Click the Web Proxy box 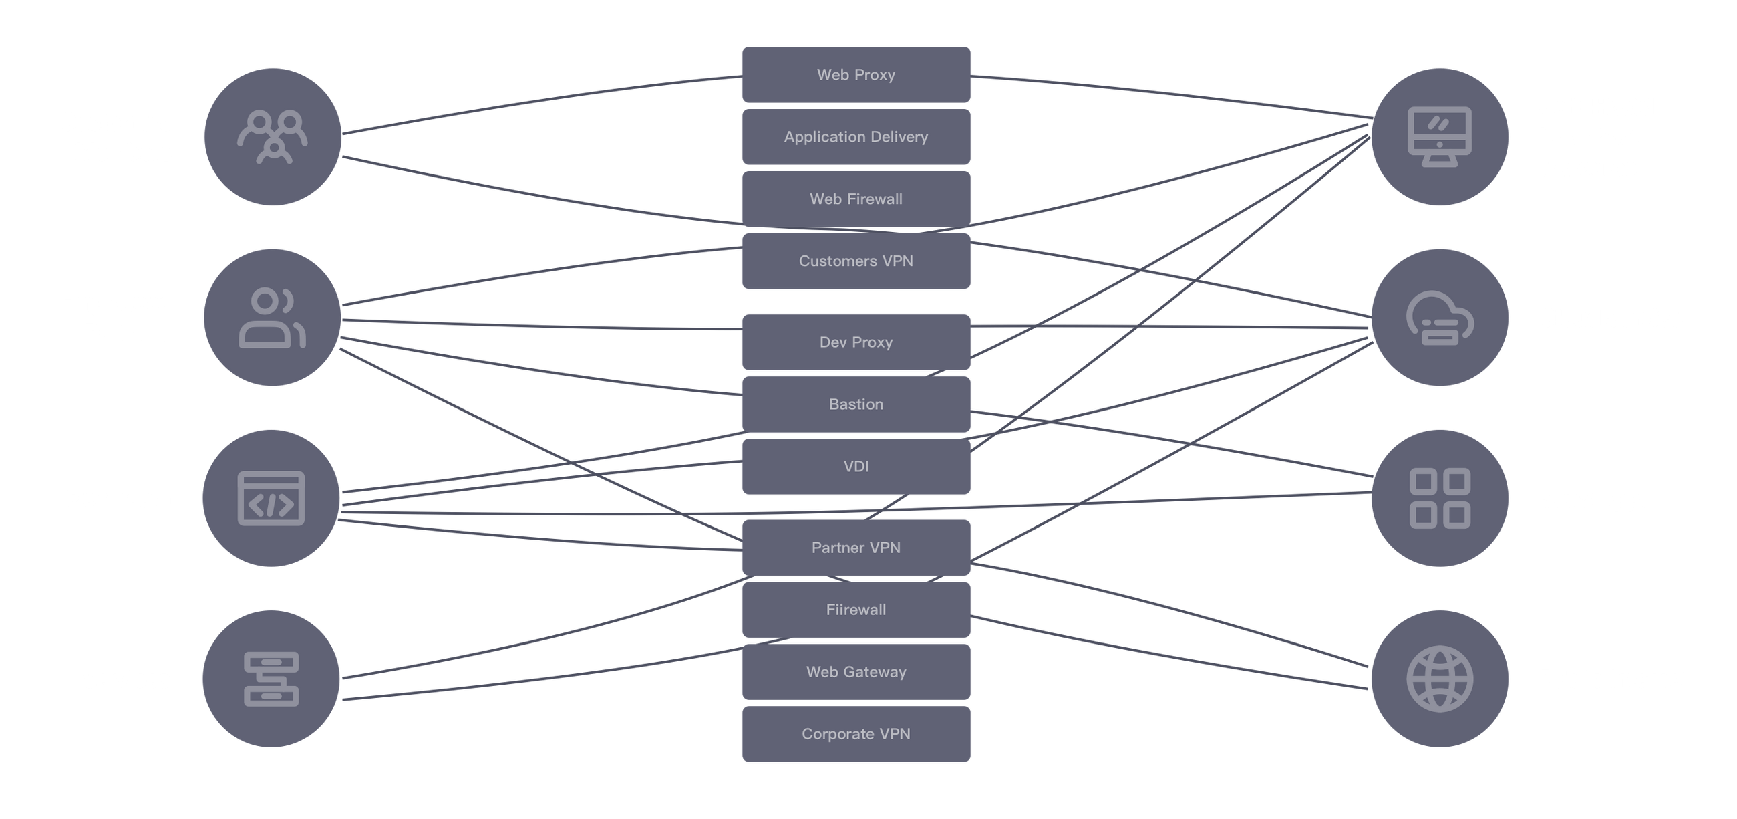point(856,75)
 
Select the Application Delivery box point(856,137)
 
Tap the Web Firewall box point(856,199)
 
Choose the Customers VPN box point(856,261)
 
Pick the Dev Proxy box point(856,342)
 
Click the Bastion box point(856,404)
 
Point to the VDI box point(856,466)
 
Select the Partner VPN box point(856,547)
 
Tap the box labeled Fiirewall point(856,609)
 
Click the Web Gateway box point(856,671)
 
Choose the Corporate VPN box point(856,733)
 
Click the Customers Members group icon point(273,137)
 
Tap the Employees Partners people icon point(272,318)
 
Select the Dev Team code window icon point(271,499)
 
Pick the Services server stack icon point(271,679)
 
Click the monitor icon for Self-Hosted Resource point(1440,137)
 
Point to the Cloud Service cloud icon point(1440,318)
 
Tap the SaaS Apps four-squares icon point(1440,499)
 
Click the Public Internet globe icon point(1440,679)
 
